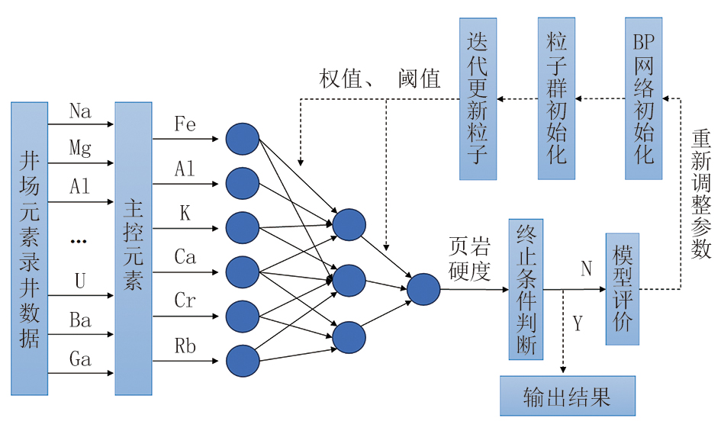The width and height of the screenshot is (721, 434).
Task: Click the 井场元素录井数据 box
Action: [x=29, y=248]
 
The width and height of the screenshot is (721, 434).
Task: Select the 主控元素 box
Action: [x=134, y=248]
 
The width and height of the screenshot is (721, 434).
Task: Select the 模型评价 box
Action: [x=621, y=289]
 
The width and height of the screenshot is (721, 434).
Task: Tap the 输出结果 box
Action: [x=567, y=396]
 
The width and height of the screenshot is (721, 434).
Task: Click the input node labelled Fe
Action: [x=243, y=138]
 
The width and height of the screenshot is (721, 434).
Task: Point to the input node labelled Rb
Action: [x=243, y=361]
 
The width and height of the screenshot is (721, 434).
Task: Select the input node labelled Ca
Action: [x=243, y=272]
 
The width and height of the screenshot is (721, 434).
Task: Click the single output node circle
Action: [x=423, y=289]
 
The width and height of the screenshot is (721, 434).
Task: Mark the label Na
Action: [x=80, y=111]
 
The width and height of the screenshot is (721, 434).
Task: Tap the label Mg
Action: [x=80, y=147]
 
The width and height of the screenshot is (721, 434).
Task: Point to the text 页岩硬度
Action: [x=469, y=259]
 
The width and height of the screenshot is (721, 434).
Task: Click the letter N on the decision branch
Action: [x=586, y=268]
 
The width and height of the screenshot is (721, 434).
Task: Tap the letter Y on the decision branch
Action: [x=578, y=324]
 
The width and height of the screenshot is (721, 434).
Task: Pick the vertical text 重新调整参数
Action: [x=701, y=194]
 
